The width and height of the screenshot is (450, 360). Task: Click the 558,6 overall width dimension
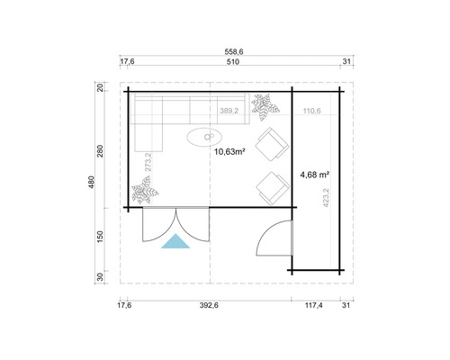(233, 51)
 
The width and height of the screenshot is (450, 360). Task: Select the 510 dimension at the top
(232, 62)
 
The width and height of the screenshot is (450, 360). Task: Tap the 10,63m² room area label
(229, 152)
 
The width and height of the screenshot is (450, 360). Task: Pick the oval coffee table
(205, 137)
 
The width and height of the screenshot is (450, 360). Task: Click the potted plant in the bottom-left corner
(143, 191)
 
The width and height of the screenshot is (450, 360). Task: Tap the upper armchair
(269, 144)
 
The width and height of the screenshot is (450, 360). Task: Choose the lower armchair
(269, 186)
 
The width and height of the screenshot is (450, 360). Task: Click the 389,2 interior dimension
(229, 112)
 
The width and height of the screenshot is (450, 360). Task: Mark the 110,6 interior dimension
(311, 112)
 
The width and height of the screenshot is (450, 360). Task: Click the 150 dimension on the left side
(101, 236)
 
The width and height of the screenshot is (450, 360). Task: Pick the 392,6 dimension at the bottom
(209, 306)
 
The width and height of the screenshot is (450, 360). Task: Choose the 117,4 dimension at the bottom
(314, 306)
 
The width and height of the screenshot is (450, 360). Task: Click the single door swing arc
(266, 236)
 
